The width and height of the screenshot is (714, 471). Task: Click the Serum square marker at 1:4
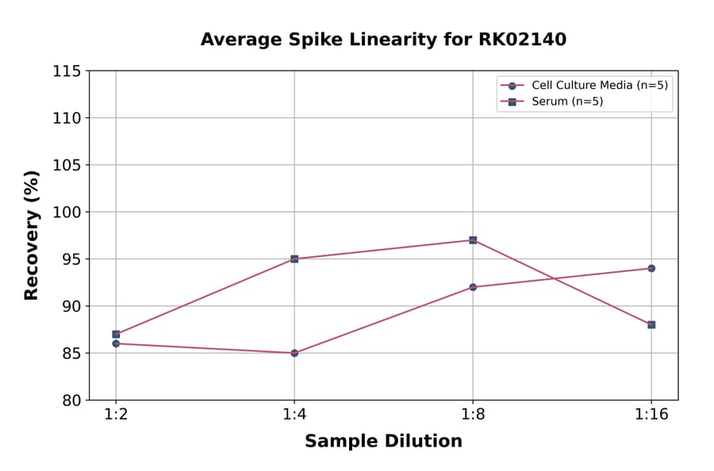(294, 258)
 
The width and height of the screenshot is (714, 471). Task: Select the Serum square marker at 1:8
(473, 239)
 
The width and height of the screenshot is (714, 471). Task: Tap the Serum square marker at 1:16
(651, 324)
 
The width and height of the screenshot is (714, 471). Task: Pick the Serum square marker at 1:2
(116, 334)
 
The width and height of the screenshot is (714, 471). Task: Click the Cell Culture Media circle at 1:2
(116, 343)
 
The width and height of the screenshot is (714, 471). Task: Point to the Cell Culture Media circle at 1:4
(294, 353)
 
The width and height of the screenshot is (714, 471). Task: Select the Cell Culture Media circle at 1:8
(473, 287)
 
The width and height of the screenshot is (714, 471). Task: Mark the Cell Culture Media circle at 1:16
(651, 268)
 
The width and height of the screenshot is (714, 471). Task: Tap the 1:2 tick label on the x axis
(116, 415)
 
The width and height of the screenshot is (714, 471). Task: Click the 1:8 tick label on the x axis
(473, 415)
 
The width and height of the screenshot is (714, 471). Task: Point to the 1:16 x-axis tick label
(651, 415)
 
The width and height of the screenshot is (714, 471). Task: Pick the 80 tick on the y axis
(71, 400)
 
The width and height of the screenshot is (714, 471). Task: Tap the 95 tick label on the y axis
(71, 258)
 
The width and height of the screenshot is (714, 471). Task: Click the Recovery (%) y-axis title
(32, 235)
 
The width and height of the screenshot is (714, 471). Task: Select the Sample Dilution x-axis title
(383, 442)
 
